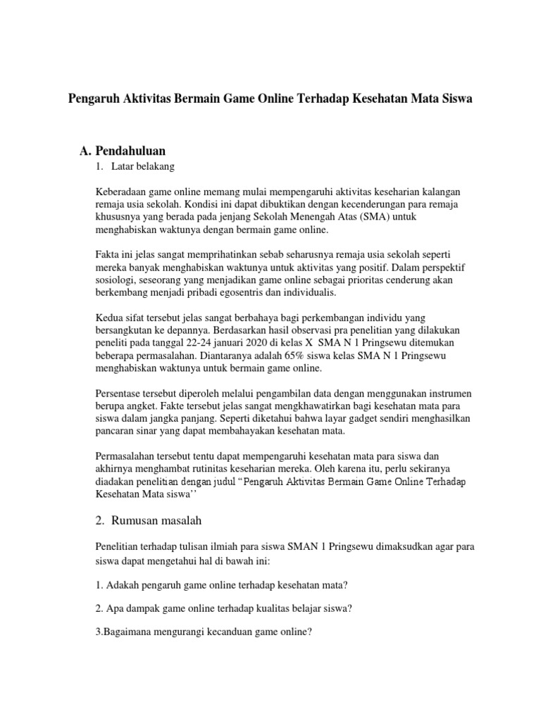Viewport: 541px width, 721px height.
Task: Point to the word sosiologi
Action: tap(116, 280)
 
